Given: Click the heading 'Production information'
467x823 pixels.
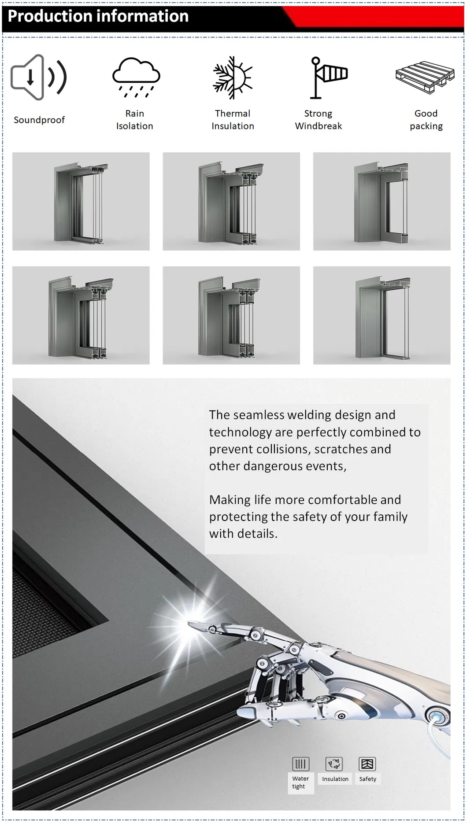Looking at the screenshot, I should point(98,16).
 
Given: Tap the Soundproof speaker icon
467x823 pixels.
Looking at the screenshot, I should point(38,78).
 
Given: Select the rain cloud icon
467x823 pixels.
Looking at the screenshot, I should point(136,77).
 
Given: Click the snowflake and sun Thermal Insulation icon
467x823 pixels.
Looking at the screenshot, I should point(233,78).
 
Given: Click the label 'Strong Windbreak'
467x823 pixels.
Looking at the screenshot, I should point(318,120).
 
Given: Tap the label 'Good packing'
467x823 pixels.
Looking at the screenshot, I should point(426,120).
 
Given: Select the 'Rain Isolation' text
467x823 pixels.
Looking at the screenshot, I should point(134,120).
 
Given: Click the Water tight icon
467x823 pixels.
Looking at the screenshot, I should point(300,764).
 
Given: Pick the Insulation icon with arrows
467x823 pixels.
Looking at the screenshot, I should point(334,764).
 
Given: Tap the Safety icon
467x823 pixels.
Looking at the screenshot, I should point(367,764).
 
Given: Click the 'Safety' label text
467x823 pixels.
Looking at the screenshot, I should point(367,779).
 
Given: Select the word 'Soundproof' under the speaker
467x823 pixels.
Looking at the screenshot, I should point(39,120).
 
